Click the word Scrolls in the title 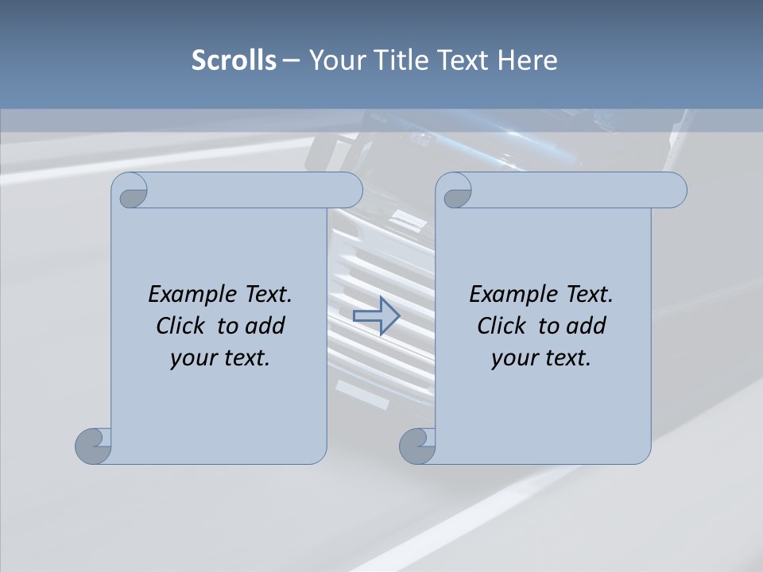[x=234, y=60]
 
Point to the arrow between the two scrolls [x=375, y=315]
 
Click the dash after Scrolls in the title [x=291, y=60]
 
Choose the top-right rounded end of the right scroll [x=672, y=190]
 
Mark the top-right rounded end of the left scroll [x=348, y=190]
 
